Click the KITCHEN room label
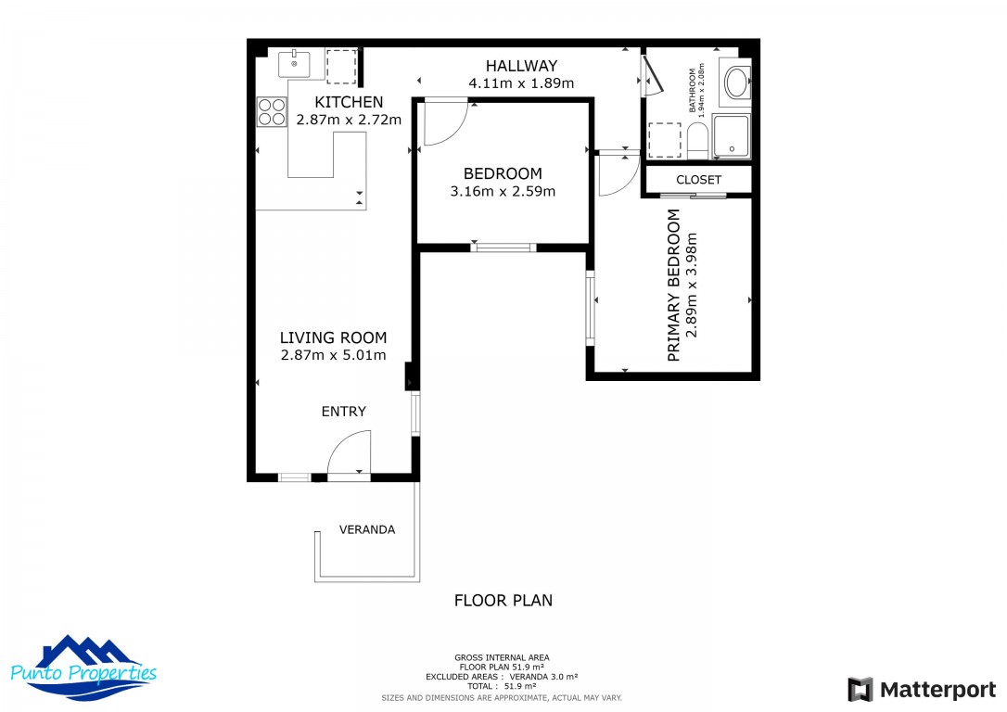[349, 102]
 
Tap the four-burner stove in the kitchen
[272, 112]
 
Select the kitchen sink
[295, 64]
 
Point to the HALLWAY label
[522, 66]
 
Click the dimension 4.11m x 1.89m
[522, 83]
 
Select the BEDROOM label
[503, 173]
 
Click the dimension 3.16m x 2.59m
[503, 192]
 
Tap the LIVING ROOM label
[333, 337]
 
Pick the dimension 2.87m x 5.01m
[333, 355]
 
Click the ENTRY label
[343, 412]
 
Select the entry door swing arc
[349, 453]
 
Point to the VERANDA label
[367, 529]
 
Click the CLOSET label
[698, 180]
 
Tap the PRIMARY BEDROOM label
[674, 285]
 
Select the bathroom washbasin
[737, 83]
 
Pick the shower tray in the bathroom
[732, 137]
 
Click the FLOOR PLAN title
[503, 601]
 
